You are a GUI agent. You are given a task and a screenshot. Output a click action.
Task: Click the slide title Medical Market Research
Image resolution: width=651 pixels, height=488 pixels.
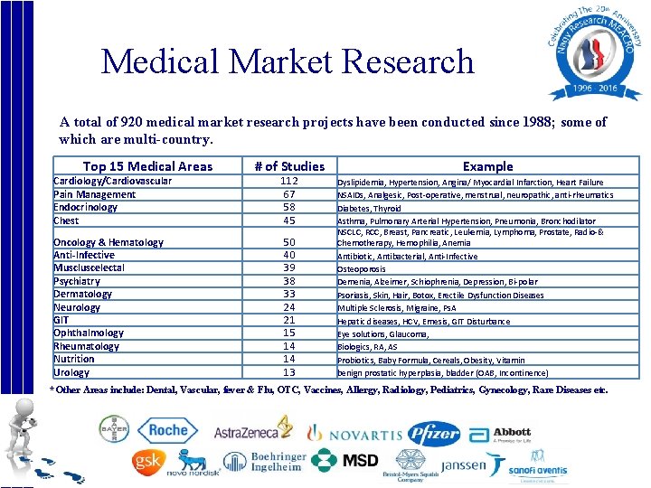(288, 61)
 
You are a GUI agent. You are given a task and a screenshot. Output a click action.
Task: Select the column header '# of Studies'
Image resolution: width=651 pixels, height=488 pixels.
(289, 165)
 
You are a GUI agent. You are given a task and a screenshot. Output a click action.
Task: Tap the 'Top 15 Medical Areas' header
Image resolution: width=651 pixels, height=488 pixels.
(147, 165)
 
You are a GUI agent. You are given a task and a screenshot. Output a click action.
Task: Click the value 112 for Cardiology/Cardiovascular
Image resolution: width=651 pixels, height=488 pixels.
(289, 181)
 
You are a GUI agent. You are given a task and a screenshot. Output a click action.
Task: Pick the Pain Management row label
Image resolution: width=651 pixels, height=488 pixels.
(94, 194)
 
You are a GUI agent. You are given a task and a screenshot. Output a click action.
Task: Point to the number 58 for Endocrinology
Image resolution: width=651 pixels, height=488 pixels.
(289, 207)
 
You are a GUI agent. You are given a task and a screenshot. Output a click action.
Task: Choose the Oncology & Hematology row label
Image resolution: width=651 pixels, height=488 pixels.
(108, 242)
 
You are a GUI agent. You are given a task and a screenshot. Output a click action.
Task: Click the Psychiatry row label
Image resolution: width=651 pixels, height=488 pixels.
(77, 281)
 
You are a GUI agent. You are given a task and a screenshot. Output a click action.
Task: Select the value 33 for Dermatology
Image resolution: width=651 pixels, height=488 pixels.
(289, 294)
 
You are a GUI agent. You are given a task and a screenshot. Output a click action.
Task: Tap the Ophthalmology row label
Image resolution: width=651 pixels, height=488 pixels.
(89, 333)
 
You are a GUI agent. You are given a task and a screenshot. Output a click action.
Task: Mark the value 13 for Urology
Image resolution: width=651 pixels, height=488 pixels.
(289, 372)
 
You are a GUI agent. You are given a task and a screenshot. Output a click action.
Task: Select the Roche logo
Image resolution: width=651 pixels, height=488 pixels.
(167, 431)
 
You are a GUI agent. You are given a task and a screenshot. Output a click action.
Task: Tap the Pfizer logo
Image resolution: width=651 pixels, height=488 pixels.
(434, 434)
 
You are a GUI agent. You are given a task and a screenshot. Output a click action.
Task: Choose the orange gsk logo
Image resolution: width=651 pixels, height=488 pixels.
(146, 461)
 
